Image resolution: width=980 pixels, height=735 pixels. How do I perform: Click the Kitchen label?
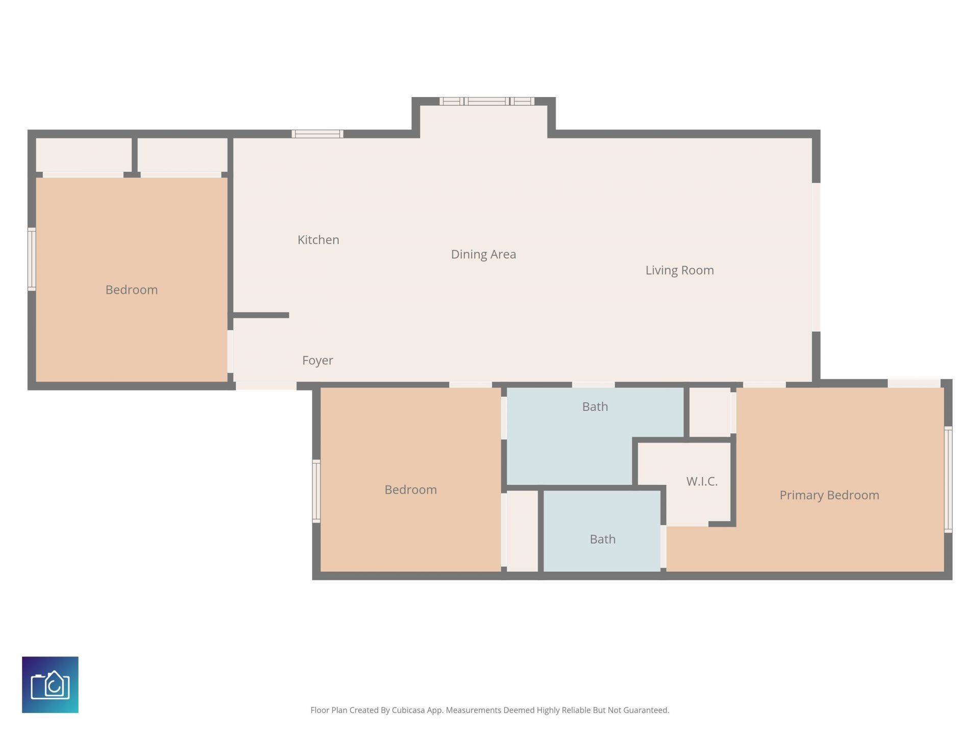pyautogui.click(x=318, y=240)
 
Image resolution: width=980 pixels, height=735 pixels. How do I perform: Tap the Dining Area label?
pyautogui.click(x=483, y=254)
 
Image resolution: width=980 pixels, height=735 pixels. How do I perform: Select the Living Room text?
pyautogui.click(x=679, y=270)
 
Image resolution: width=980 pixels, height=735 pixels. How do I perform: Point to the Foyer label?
pyautogui.click(x=317, y=360)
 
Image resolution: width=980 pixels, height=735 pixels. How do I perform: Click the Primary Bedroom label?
pyautogui.click(x=829, y=495)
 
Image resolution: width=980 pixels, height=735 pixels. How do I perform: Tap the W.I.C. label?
pyautogui.click(x=702, y=481)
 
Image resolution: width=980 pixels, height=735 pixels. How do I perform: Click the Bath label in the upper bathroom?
pyautogui.click(x=595, y=407)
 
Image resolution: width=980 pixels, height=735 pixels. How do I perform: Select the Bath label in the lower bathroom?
pyautogui.click(x=602, y=540)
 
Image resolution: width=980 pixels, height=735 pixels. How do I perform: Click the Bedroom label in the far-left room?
pyautogui.click(x=131, y=290)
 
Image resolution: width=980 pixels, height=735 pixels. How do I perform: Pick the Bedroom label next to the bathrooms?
pyautogui.click(x=410, y=490)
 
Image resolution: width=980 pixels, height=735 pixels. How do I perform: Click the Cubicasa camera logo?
pyautogui.click(x=50, y=684)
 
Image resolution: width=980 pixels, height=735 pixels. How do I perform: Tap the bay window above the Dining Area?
pyautogui.click(x=486, y=101)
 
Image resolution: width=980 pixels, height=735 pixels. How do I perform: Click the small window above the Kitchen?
pyautogui.click(x=317, y=134)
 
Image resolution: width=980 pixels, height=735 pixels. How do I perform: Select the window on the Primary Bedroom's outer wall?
pyautogui.click(x=948, y=479)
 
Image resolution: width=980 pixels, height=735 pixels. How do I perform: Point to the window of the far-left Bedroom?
pyautogui.click(x=32, y=259)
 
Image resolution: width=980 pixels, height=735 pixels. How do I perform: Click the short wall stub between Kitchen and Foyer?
pyautogui.click(x=261, y=315)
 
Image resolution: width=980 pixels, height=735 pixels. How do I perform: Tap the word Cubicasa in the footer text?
pyautogui.click(x=408, y=710)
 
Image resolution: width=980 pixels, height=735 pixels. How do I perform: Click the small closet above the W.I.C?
pyautogui.click(x=709, y=411)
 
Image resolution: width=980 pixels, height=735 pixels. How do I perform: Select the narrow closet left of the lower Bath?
pyautogui.click(x=522, y=531)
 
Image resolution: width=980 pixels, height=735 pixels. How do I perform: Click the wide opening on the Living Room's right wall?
pyautogui.click(x=816, y=257)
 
